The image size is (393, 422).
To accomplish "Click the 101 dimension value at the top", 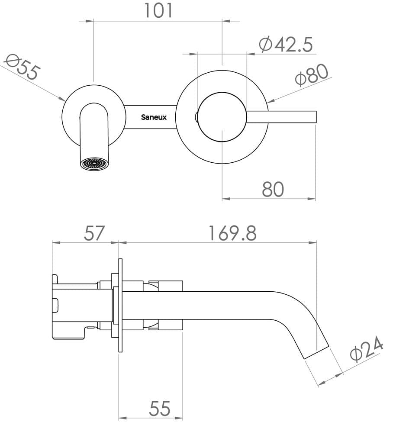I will (x=158, y=10).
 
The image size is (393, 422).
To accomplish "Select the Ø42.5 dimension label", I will (x=285, y=44).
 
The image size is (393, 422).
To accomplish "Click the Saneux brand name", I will (x=154, y=117).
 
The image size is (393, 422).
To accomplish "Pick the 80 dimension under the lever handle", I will (x=273, y=189).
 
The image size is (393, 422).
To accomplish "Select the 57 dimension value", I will (x=94, y=233).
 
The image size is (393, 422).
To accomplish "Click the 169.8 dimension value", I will (x=232, y=233).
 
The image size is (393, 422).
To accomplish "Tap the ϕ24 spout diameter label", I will (x=367, y=350).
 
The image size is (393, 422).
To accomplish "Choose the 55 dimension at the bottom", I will (x=160, y=409).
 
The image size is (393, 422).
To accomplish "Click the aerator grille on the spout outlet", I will (x=94, y=164).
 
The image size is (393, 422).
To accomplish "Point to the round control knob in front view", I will (x=222, y=117).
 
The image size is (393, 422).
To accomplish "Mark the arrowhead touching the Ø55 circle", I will (x=63, y=99).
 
